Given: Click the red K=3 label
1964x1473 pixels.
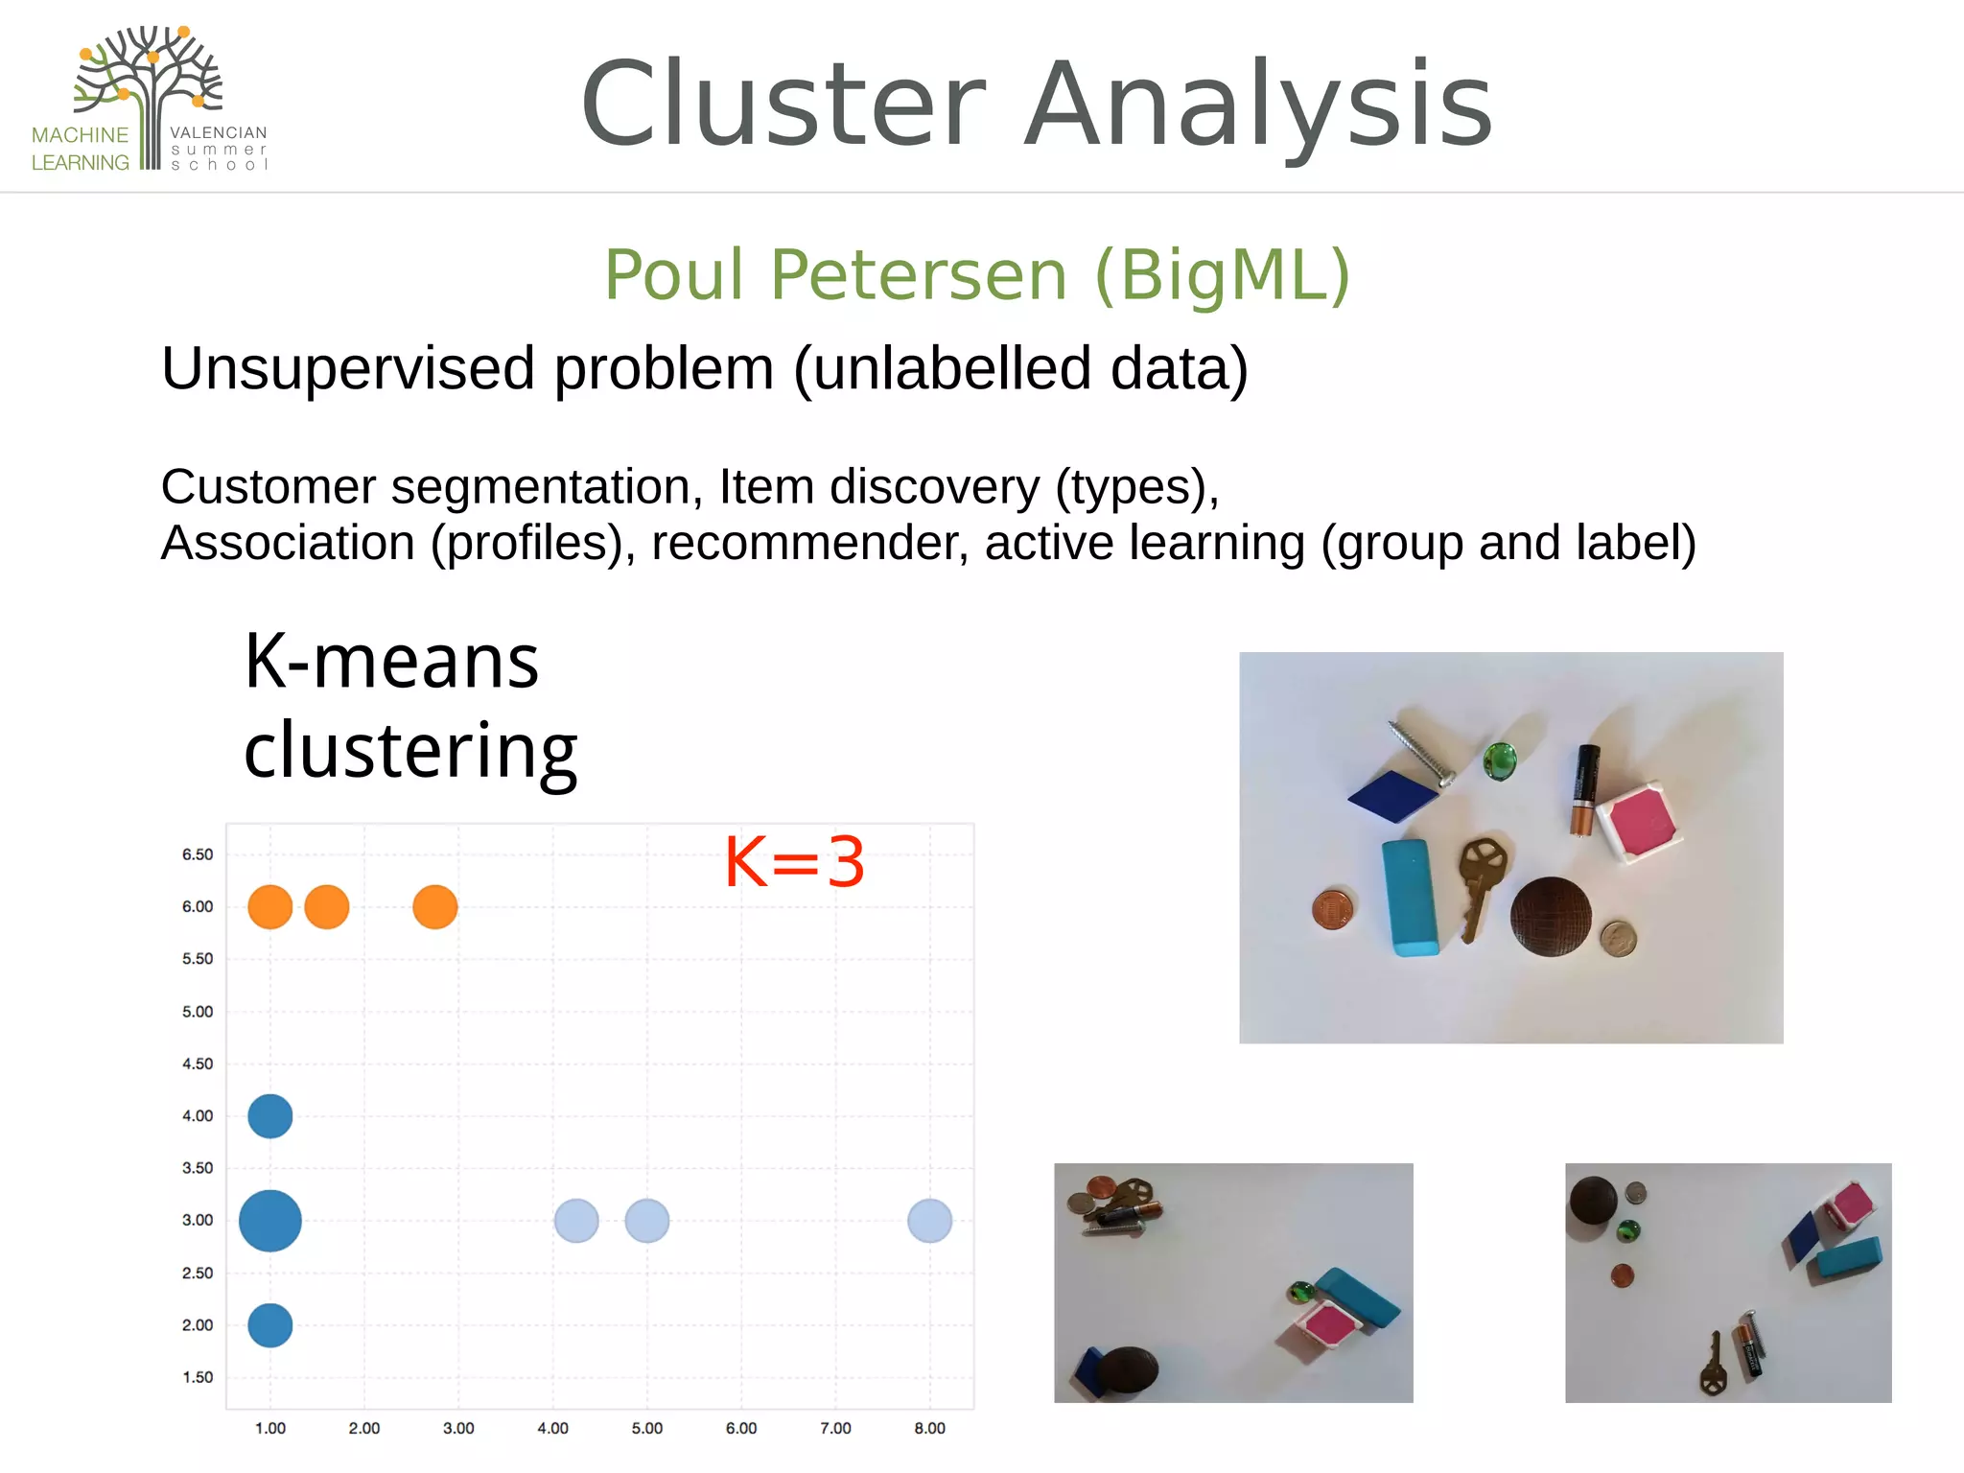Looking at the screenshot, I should (794, 862).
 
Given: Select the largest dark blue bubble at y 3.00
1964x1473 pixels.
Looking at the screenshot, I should (270, 1221).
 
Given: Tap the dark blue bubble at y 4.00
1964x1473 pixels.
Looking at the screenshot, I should (270, 1116).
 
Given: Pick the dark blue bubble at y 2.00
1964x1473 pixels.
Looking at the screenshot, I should (270, 1325).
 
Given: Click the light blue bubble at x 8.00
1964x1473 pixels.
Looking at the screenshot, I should (929, 1221).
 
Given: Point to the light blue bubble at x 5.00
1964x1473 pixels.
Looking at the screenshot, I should (647, 1221).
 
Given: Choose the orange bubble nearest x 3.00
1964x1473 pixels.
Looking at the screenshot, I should (435, 907).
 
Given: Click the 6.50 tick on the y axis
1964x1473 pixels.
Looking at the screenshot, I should (198, 854).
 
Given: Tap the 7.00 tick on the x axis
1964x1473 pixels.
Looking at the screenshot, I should (835, 1428).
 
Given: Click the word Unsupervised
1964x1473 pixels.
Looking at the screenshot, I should (347, 369).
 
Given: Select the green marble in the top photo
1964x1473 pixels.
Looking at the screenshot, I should (1499, 761).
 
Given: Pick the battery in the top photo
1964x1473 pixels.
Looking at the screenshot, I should (1584, 788).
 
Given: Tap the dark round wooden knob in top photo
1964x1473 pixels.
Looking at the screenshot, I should (1551, 917).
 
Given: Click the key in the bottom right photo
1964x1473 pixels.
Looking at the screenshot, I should (1713, 1368).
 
